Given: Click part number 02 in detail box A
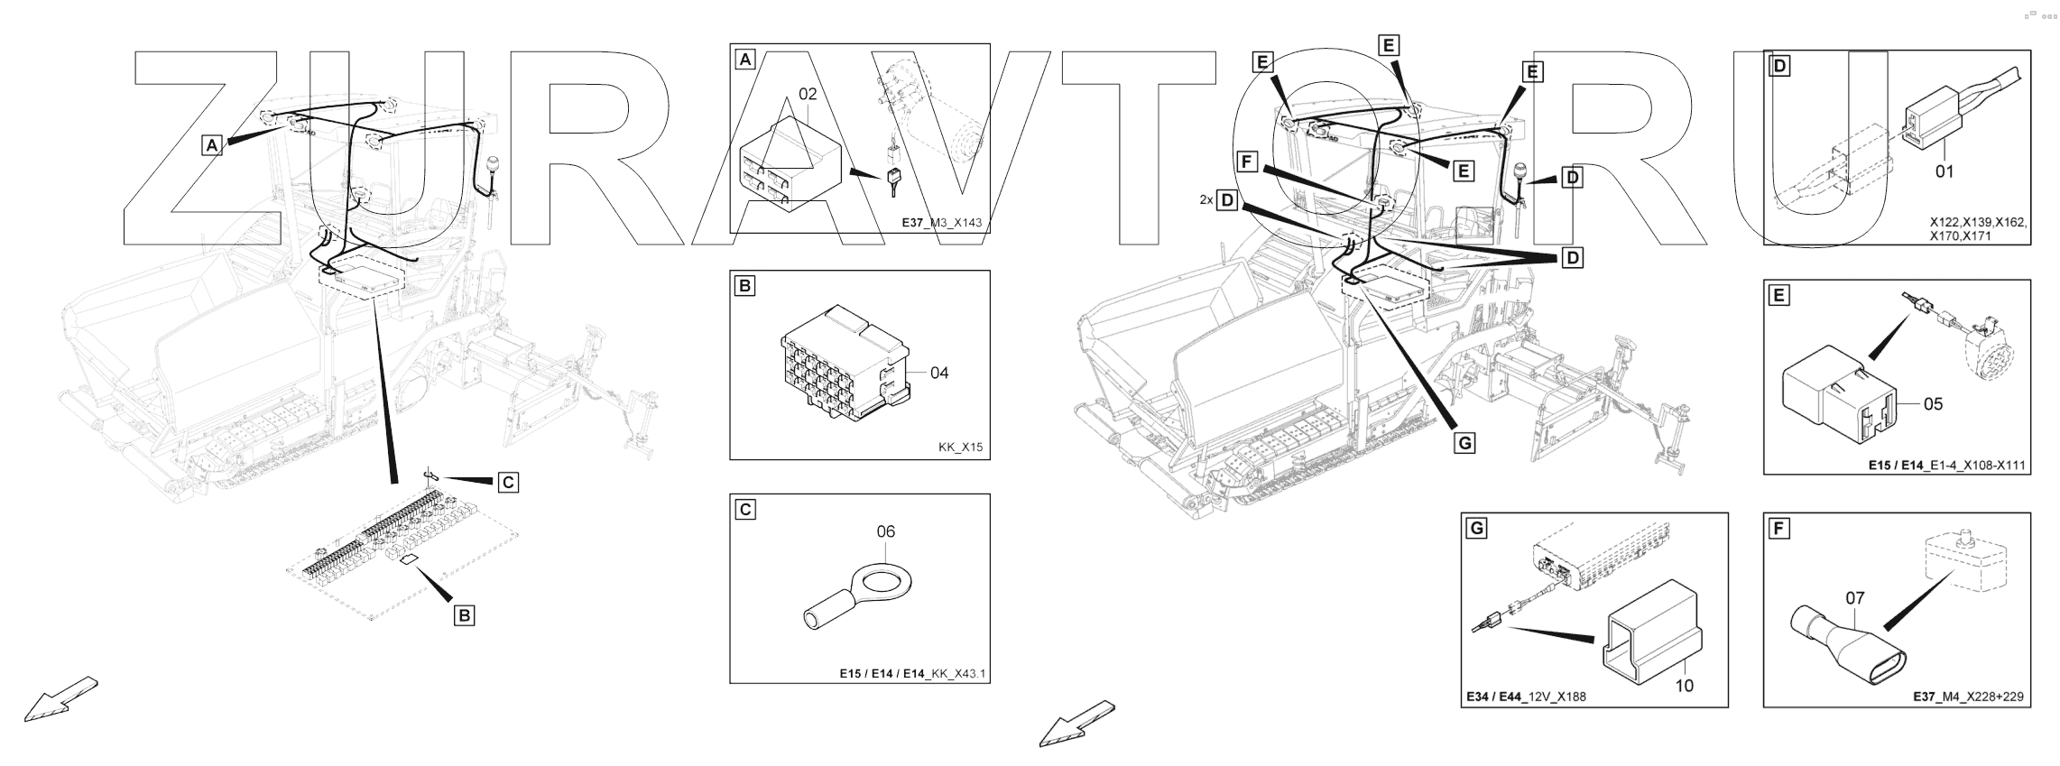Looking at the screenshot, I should point(807,93).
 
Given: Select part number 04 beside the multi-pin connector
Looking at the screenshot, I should point(939,373).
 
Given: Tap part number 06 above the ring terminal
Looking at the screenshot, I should point(886,531).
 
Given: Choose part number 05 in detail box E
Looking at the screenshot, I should point(1933,403).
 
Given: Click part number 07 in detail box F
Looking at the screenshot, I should point(1854,597).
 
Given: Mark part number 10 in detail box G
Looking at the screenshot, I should point(1684,686).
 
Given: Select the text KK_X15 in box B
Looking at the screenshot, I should point(960,447).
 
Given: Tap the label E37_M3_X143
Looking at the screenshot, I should point(941,221).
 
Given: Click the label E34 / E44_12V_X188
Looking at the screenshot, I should point(1526,697).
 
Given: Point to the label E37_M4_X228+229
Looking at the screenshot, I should point(1967,697).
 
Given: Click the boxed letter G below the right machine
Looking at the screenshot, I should point(1464,443).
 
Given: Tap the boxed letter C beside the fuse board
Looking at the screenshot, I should point(509,483).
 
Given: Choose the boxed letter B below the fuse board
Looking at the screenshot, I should point(464,615).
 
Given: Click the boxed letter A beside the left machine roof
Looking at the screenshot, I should point(211,144).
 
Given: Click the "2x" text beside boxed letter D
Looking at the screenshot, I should point(1206,199).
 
